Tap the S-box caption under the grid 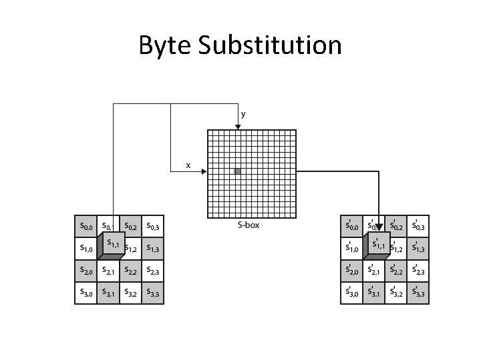tap(249, 225)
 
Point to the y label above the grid tap(243, 114)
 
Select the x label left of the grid tap(188, 164)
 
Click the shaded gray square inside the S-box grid tap(237, 171)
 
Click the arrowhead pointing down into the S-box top tap(238, 126)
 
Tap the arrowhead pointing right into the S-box tap(203, 171)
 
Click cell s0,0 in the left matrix tap(86, 227)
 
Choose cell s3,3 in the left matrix tap(152, 293)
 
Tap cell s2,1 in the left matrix tap(108, 271)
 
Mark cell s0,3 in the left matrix tap(152, 227)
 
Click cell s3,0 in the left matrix tap(86, 293)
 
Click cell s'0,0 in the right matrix tap(352, 227)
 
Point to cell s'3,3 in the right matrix tap(418, 293)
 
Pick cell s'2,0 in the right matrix tap(352, 271)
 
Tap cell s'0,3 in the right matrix tap(418, 227)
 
